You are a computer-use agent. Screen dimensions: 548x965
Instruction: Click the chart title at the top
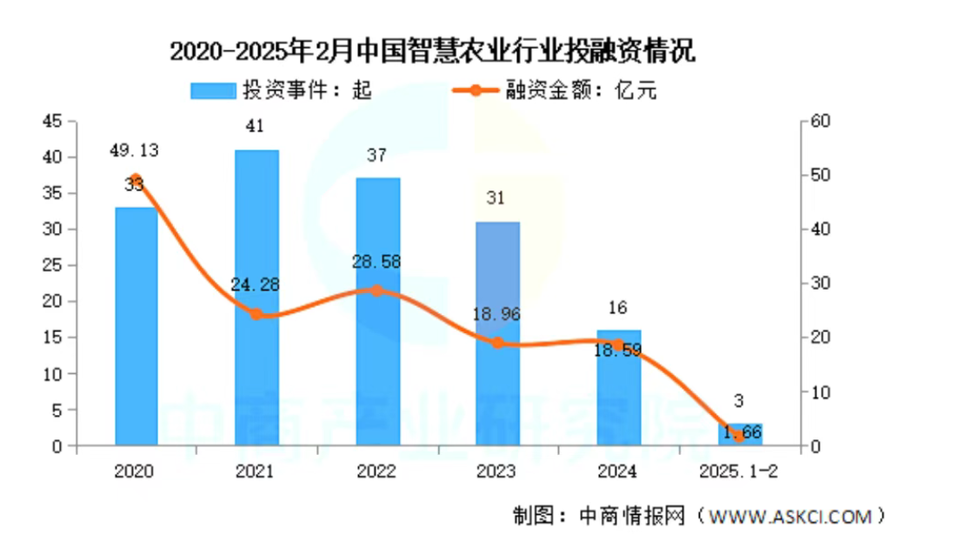point(432,52)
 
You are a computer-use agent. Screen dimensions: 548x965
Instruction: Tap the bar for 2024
point(619,388)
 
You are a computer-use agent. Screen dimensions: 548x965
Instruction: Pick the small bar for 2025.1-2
point(740,434)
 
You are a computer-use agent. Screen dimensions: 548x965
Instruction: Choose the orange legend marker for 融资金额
point(474,90)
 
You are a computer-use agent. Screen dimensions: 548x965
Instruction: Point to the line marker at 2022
point(377,291)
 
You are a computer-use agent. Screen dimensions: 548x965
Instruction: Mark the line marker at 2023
point(498,343)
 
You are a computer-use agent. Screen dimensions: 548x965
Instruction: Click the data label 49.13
point(134,150)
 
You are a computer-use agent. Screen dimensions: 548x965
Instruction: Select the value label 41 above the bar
point(256,127)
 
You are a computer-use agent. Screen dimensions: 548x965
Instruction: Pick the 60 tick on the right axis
point(822,121)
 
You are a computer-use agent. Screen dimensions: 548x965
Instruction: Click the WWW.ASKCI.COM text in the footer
point(790,517)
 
